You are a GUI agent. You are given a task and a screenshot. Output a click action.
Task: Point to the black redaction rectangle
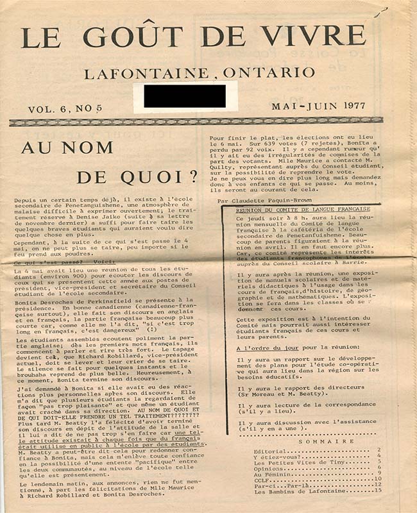(x=185, y=96)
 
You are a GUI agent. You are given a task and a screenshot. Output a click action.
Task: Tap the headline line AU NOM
(x=67, y=147)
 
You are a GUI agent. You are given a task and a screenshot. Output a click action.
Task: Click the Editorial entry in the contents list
(x=255, y=451)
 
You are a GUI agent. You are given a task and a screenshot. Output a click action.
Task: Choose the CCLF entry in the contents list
(x=247, y=479)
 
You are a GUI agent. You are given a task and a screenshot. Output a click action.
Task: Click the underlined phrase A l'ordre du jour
(x=262, y=348)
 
